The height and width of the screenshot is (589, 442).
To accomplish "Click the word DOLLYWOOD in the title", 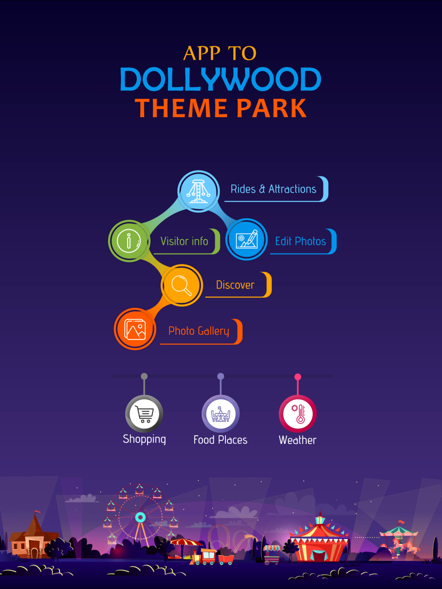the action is coord(221,79).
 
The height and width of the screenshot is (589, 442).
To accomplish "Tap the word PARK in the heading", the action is coord(271,108).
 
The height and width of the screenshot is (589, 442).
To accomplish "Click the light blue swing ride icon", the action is coord(198,191).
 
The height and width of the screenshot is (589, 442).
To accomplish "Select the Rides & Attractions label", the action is coord(273,189).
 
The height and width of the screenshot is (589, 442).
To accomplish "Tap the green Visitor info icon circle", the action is coord(129,241).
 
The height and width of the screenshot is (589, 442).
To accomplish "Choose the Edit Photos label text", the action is coord(301,241).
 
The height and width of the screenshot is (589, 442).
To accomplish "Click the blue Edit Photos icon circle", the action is coord(246,239).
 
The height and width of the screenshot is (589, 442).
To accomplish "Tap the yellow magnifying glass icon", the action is coord(182,285).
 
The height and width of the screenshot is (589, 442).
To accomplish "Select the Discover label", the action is coord(235,285).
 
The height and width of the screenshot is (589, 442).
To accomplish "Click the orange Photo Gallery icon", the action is coord(135,328).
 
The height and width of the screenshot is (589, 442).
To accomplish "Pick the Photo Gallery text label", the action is coord(199,331).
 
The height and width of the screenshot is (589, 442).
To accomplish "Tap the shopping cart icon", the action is coord(144,414).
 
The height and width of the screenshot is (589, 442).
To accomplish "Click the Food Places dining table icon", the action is coord(221,414).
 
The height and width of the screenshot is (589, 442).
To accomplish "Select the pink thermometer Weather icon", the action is coord(297,414).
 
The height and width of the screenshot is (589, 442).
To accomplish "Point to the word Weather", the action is coord(297,440).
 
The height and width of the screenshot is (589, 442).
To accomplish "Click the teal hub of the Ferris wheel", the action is coord(140,517).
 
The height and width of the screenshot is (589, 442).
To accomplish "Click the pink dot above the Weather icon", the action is coord(297,377).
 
